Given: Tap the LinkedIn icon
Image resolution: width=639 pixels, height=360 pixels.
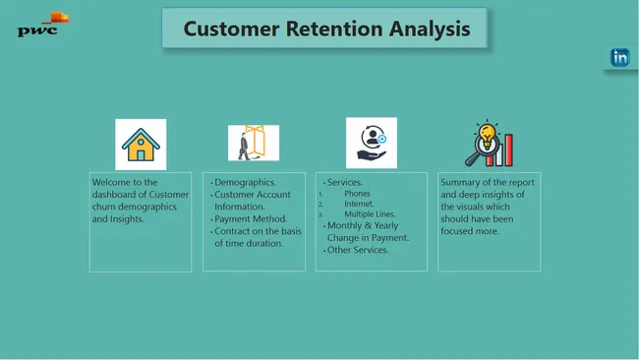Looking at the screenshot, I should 620,57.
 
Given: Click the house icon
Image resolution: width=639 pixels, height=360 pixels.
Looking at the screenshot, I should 141,145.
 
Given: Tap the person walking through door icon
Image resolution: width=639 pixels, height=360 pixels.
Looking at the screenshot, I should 254,144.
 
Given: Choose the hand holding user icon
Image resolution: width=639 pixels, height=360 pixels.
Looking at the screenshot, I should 371,144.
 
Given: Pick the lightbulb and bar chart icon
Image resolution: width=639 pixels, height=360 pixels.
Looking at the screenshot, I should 489,145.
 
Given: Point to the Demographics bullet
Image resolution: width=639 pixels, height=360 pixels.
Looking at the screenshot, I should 245,183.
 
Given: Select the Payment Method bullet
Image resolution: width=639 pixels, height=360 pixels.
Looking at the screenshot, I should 252,219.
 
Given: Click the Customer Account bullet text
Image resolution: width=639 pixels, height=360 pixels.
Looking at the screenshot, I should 254,195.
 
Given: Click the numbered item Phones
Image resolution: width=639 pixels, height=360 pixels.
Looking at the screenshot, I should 357,194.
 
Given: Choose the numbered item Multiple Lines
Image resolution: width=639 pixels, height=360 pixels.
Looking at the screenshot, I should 370,213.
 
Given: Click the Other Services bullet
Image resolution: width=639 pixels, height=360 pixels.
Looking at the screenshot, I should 358,250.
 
